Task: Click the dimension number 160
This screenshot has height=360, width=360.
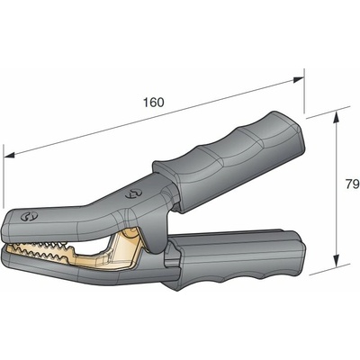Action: [x=153, y=103]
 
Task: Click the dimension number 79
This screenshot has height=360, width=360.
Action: [x=353, y=184]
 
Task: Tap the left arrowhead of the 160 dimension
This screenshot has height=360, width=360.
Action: [x=9, y=155]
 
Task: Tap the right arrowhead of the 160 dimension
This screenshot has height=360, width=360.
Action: [x=299, y=79]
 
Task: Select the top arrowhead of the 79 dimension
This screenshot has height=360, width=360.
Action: [x=337, y=116]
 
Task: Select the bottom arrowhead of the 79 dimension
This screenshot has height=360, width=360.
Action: [x=337, y=260]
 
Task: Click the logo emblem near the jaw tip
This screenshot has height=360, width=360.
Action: [x=29, y=216]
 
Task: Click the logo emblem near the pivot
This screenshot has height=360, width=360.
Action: [x=133, y=193]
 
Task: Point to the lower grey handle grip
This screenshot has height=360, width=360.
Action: [x=237, y=258]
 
